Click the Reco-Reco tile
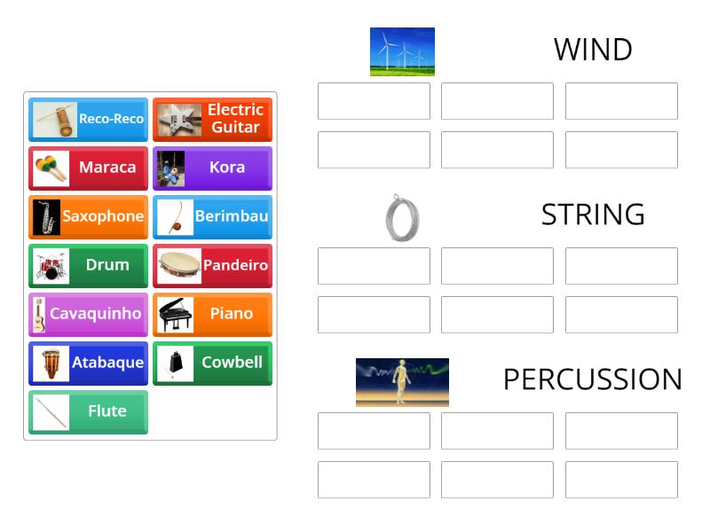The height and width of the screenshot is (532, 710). point(89,119)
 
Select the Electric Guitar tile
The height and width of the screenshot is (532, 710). point(213,119)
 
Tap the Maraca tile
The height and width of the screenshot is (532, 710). point(89,168)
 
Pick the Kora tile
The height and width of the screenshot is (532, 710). point(213,168)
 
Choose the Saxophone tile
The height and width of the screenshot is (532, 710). point(89,216)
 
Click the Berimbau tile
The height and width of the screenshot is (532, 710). point(213,216)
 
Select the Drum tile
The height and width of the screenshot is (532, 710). point(89,265)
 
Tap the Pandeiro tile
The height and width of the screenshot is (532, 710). point(213,265)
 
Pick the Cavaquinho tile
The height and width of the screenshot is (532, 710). point(89,314)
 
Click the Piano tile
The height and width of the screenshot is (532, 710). point(213,314)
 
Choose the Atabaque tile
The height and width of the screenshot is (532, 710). point(89,363)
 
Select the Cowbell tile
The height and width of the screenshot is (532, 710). point(213,363)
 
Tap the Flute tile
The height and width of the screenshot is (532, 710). point(89,411)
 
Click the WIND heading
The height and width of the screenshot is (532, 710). point(593,50)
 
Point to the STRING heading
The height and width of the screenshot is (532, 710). point(593,215)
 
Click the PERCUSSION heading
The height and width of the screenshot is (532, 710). point(593,379)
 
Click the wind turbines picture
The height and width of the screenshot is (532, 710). point(402,51)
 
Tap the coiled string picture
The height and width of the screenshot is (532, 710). point(402,217)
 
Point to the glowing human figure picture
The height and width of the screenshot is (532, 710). point(402,382)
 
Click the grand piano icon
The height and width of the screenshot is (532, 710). point(176,314)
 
